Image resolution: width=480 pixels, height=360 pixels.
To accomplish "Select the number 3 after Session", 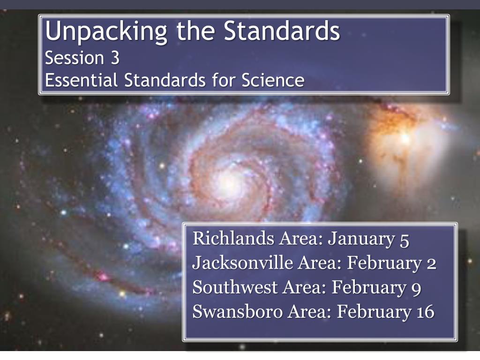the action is click(x=115, y=58).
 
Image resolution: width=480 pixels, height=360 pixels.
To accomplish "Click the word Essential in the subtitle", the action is click(x=81, y=80).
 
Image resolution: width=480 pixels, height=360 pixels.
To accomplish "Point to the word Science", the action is click(x=273, y=80).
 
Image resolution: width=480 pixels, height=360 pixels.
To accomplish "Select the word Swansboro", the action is click(x=238, y=312).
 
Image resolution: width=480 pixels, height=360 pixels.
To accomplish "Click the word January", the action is click(x=361, y=240).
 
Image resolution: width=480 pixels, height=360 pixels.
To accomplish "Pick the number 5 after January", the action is click(x=404, y=240).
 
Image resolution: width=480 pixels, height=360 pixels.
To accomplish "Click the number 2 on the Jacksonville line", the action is click(x=431, y=264).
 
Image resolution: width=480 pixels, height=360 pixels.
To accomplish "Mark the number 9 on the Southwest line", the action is click(x=416, y=289).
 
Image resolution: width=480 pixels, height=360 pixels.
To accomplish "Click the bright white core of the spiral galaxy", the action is click(x=228, y=183).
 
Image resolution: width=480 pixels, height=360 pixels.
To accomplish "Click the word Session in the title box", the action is click(x=75, y=58).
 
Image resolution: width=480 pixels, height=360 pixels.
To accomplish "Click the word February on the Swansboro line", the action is click(x=374, y=313).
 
